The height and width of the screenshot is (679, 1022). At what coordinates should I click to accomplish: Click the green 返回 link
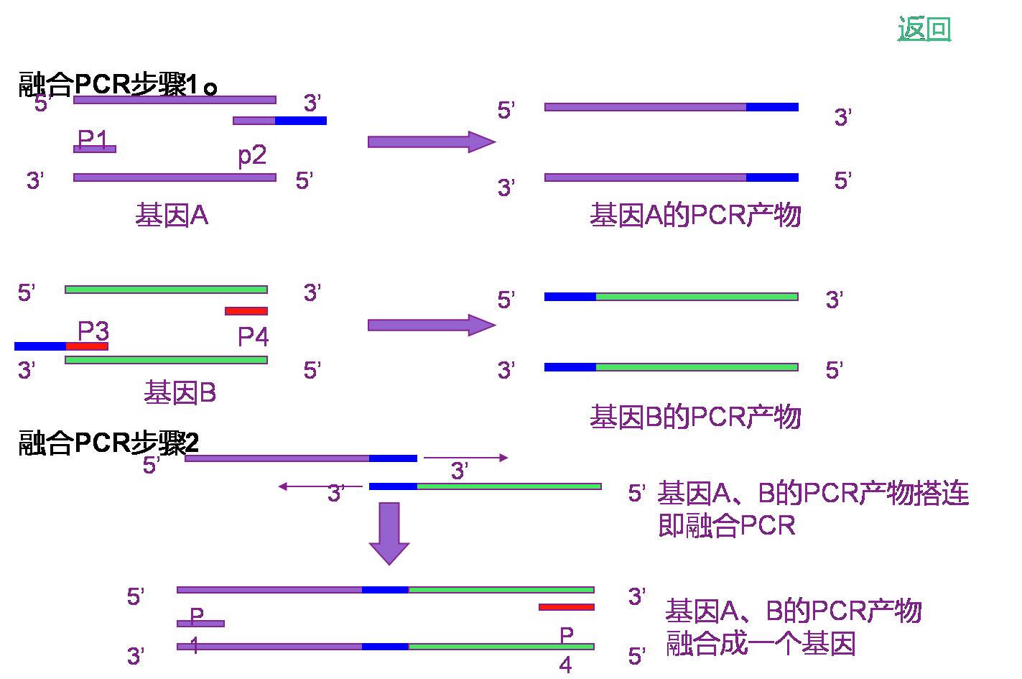point(924,28)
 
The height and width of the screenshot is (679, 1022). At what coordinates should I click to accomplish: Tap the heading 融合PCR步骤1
point(117,84)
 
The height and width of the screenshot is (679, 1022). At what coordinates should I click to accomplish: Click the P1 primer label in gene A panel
point(92,139)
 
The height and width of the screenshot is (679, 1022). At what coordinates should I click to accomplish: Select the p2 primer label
point(252,156)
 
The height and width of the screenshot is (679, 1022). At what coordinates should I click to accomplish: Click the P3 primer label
point(93,331)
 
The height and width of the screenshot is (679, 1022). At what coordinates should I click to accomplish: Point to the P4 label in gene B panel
point(254,337)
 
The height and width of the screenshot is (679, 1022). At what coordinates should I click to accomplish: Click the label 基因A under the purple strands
point(172,216)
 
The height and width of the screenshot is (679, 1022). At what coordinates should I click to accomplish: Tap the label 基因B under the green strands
point(180,392)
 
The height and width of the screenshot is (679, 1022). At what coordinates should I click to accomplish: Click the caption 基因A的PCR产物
point(695,215)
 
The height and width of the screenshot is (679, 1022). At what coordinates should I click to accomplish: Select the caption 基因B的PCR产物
point(695,417)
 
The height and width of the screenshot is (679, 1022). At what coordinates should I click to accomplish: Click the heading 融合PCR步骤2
point(108,443)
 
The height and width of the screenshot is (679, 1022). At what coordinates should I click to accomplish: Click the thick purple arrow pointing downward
point(389,533)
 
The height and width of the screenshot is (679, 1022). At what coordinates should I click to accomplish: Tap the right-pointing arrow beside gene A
point(432,142)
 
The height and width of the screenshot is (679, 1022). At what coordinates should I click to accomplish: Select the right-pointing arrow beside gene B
point(432,325)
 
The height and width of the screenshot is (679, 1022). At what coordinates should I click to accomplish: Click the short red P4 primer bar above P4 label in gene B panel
point(246,311)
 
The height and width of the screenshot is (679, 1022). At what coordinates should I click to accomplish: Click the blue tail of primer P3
point(40,346)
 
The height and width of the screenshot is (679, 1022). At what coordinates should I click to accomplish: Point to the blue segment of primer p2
point(301,121)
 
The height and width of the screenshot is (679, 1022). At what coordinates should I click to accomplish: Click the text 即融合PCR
point(727,526)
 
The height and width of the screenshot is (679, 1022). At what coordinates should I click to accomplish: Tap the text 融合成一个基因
point(761,643)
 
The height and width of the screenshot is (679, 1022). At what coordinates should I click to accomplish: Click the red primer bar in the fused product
point(567,607)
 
